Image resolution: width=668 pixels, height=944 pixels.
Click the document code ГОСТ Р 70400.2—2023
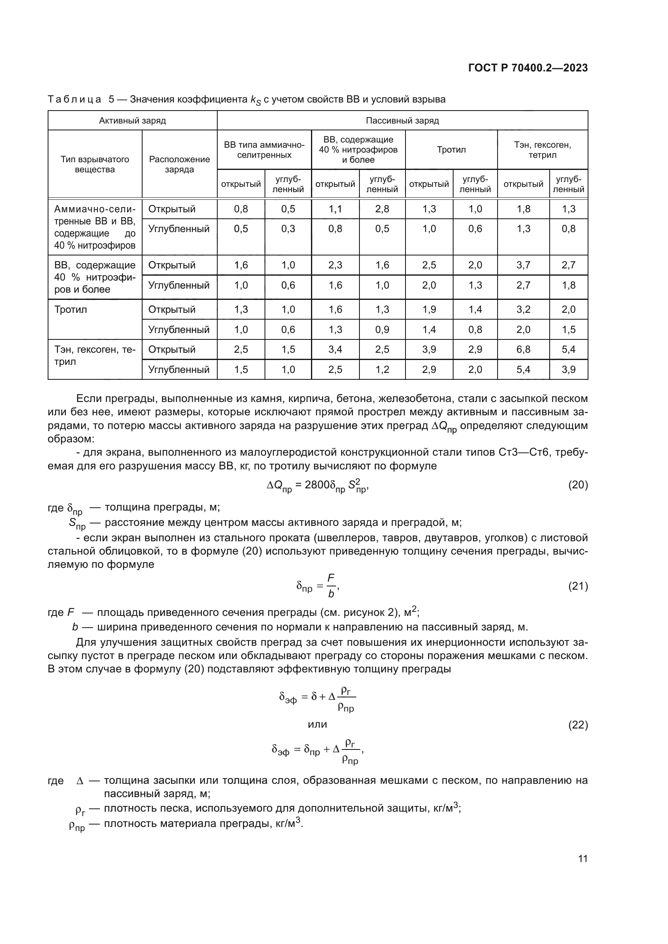[x=528, y=68]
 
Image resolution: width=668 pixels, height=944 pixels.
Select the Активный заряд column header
[x=132, y=120]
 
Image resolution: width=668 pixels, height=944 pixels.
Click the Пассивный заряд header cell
[x=402, y=120]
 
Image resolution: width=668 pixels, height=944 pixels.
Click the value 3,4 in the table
[x=335, y=350]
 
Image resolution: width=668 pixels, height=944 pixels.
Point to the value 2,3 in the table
[x=335, y=265]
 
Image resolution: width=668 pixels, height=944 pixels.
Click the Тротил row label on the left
[x=71, y=310]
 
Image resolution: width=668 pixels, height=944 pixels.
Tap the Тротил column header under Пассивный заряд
[x=451, y=150]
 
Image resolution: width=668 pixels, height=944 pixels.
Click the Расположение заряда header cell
[x=179, y=164]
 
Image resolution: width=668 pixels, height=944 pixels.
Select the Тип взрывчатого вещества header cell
[x=95, y=164]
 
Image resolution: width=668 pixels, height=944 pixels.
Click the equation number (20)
[x=578, y=485]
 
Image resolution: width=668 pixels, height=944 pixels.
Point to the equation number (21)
[x=578, y=586]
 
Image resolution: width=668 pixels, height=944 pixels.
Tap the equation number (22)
[x=578, y=725]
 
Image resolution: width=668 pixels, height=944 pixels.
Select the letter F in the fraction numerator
[x=331, y=578]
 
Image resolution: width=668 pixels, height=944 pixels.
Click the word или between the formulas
[x=317, y=724]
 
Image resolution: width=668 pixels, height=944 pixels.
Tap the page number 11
[x=582, y=859]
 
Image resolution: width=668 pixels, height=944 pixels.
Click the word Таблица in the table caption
[x=74, y=100]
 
